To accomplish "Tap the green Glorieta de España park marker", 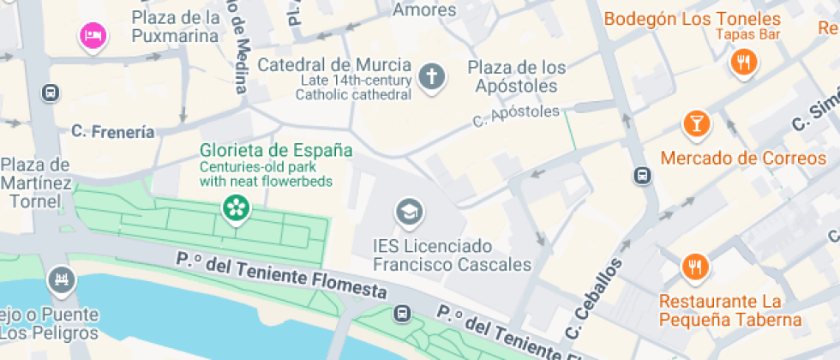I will point(233,207).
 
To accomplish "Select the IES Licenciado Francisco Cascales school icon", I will point(408,211).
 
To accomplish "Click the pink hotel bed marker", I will point(93,36).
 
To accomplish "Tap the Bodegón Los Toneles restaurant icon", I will point(742,62).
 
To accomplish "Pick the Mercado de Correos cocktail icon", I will point(696,124).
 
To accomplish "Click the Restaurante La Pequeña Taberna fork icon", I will point(695,267).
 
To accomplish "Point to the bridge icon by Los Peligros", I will point(61,279).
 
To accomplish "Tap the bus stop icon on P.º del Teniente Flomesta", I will point(401,314).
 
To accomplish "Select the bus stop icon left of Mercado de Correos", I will point(641,177).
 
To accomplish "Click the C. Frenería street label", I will point(113,132).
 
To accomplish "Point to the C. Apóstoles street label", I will point(516,117).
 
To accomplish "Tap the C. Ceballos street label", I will point(593,301).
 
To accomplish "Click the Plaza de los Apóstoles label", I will point(517,76).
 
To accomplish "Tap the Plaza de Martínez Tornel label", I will point(35,183).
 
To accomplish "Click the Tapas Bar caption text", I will point(747,34).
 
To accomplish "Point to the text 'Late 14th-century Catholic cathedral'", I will point(353,87).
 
